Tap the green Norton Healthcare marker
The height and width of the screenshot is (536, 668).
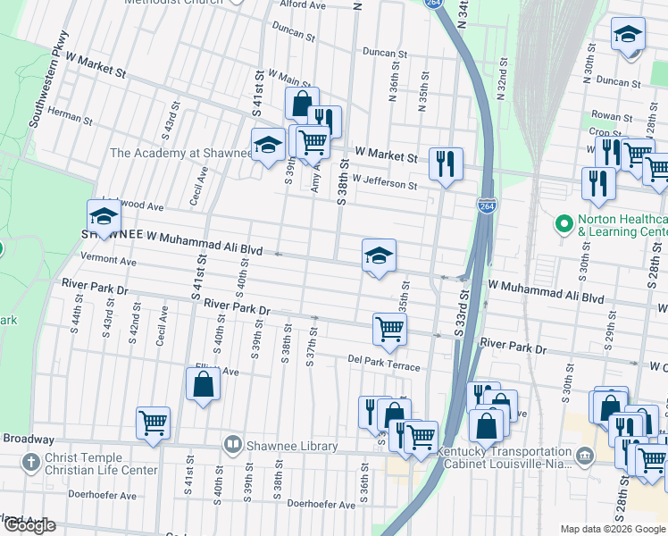pyautogui.click(x=564, y=222)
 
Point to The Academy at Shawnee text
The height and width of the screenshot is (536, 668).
pyautogui.click(x=181, y=153)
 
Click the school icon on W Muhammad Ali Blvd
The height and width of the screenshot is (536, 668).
pyautogui.click(x=379, y=256)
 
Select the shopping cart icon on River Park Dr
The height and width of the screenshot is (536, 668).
pyautogui.click(x=389, y=329)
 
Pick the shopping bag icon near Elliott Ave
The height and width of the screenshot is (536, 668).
pyautogui.click(x=203, y=384)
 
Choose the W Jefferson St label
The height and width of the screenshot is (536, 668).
pyautogui.click(x=384, y=185)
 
